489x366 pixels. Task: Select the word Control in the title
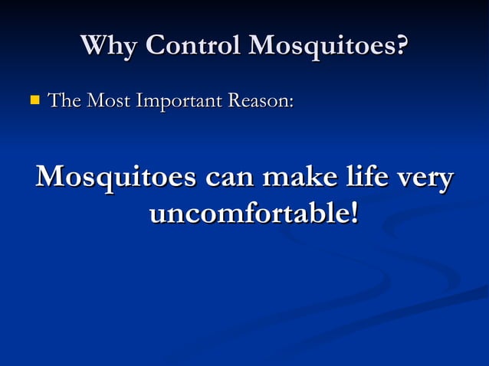tap(192, 46)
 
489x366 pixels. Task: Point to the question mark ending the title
tap(400, 46)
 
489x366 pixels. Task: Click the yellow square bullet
tap(34, 100)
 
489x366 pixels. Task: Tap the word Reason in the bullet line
tap(259, 100)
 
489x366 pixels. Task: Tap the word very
tap(422, 180)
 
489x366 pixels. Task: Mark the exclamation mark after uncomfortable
tap(353, 212)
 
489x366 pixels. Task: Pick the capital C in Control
tap(155, 46)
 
